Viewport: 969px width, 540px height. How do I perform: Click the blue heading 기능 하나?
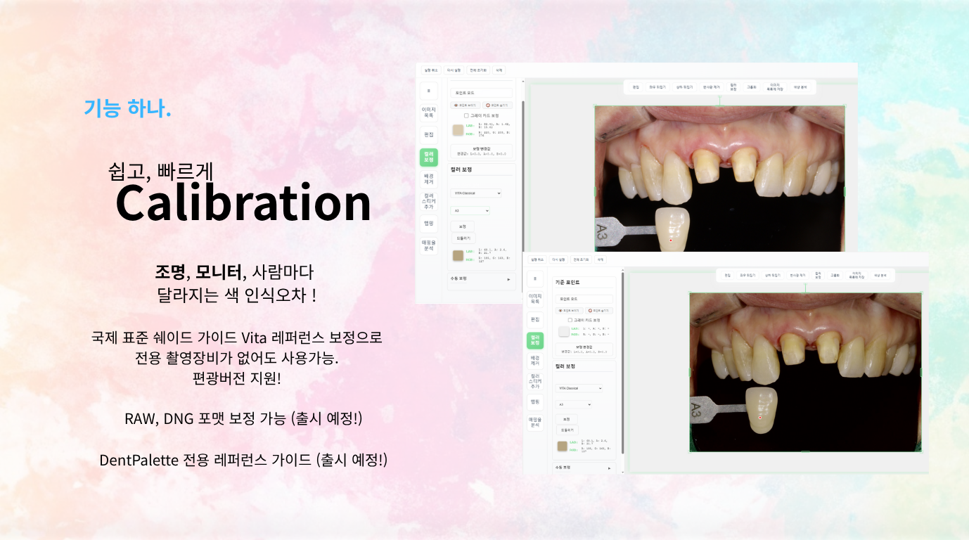[127, 108]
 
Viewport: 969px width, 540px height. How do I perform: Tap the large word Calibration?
[243, 202]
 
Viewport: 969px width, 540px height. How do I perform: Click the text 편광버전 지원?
[236, 378]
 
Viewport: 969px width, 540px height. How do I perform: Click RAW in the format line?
[139, 418]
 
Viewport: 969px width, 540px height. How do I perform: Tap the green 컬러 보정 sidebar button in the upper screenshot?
[428, 157]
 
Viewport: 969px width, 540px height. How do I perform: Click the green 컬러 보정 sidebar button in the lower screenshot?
[534, 340]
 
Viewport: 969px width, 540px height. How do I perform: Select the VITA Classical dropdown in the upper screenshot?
[476, 193]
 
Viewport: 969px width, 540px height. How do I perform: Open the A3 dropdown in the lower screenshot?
[574, 404]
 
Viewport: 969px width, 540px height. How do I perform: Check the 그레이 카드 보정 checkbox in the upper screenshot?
[466, 115]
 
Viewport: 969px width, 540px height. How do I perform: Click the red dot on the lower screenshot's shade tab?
[760, 418]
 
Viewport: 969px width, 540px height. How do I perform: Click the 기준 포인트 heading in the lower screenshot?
[567, 282]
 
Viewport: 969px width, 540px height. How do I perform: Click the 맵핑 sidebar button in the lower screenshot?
[534, 401]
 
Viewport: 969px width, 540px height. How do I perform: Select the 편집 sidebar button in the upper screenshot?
[428, 134]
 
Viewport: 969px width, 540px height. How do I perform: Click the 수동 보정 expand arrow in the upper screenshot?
[508, 279]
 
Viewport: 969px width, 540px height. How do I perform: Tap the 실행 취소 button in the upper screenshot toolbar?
[431, 70]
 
